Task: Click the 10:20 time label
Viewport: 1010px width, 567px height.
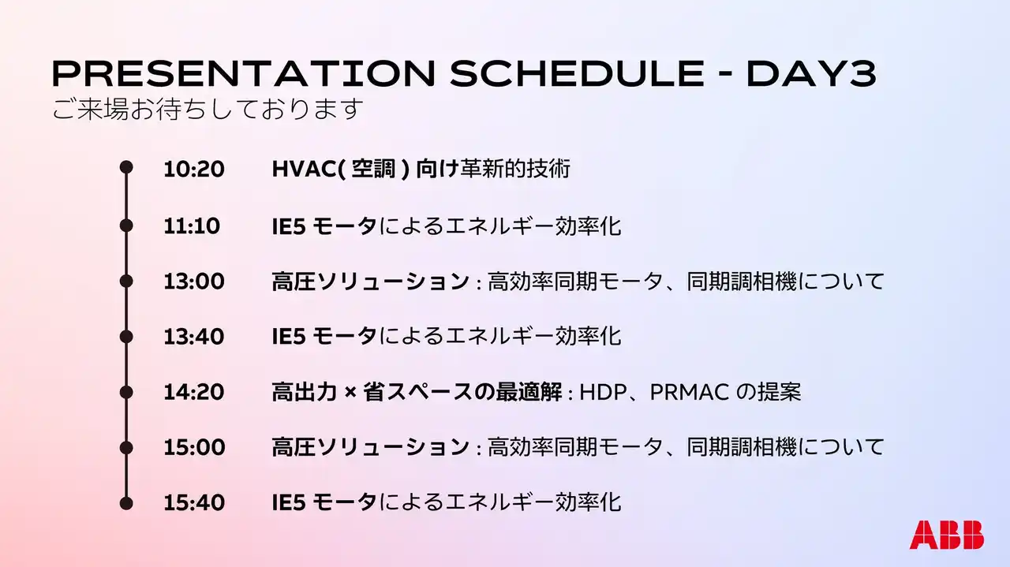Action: point(194,169)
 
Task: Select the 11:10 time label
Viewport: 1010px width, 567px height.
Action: point(192,226)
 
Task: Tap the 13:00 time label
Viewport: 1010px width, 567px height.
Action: point(194,282)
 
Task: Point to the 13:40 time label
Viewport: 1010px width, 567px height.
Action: point(194,337)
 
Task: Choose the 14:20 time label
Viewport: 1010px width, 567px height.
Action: point(194,392)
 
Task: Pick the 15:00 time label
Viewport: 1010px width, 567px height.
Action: point(194,447)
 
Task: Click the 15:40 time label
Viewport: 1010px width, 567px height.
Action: point(194,502)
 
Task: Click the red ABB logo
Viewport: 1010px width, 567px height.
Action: point(946,535)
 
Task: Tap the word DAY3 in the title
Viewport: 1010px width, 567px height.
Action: point(812,73)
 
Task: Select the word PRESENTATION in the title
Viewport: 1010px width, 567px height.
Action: point(244,73)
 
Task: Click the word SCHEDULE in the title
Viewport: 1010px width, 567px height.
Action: point(577,73)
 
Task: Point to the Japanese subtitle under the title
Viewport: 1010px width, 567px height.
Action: point(208,109)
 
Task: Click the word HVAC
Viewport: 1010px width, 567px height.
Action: point(305,169)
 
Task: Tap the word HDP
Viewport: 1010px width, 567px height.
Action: point(603,392)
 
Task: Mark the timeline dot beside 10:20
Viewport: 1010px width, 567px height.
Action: point(126,167)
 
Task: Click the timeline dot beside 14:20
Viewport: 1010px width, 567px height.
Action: point(126,392)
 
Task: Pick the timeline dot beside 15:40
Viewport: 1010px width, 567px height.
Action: point(126,503)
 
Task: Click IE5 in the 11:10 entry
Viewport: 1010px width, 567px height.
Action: point(289,226)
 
